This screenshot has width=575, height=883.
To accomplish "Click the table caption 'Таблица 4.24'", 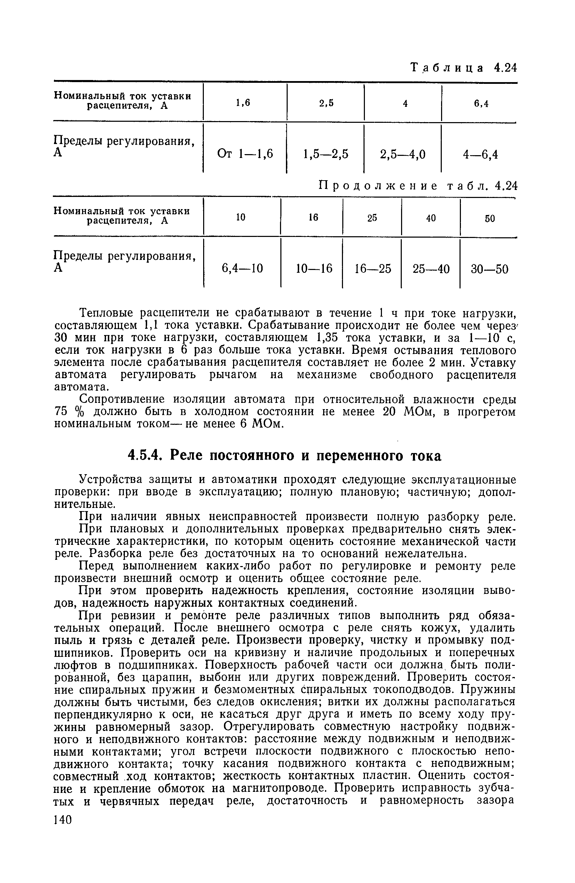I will tap(463, 68).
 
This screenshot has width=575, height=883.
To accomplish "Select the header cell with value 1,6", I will tap(243, 103).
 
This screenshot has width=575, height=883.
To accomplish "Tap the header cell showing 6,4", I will tap(481, 104).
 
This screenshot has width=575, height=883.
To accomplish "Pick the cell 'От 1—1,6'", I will tap(245, 153).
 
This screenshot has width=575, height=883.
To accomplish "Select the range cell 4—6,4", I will tap(480, 154).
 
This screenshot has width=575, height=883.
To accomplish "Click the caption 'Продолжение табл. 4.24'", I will tap(418, 185).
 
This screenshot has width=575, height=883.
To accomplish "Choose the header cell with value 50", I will tap(490, 218).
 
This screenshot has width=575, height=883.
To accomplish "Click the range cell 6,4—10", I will tap(242, 268).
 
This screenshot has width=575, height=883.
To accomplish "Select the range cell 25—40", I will tap(431, 269).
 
